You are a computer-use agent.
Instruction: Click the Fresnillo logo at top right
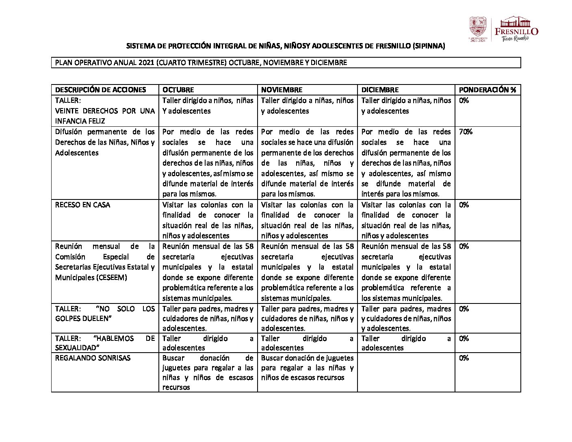coord(516,29)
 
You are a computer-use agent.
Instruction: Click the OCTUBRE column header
coord(178,90)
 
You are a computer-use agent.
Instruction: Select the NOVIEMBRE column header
coord(282,90)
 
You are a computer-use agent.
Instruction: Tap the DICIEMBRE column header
coord(380,90)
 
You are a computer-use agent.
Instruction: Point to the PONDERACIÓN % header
coord(487,90)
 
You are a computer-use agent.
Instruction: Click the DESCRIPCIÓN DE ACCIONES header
coord(100,90)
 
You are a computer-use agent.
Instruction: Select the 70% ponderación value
coord(466,132)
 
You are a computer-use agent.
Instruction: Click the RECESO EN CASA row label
coord(82,205)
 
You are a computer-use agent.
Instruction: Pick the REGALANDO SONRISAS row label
coord(93,358)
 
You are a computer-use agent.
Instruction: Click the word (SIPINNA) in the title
coord(429,46)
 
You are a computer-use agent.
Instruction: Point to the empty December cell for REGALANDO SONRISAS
coord(406,372)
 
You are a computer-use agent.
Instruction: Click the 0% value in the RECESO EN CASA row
coord(464,205)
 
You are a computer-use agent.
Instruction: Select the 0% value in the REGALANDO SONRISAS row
coord(464,358)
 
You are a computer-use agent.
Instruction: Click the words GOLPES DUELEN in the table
coord(83,318)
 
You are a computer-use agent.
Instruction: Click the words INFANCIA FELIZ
coord(80,121)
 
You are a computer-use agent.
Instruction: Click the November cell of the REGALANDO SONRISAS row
coord(307,368)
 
